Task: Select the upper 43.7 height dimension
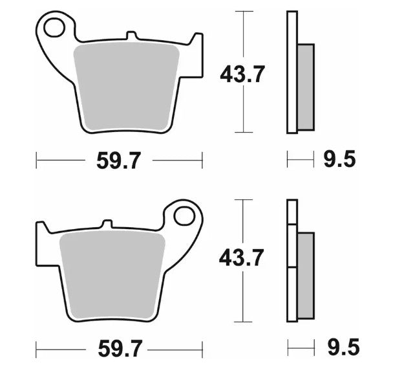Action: click(x=242, y=74)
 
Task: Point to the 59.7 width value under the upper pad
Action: click(x=118, y=160)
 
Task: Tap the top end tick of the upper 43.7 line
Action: click(x=242, y=11)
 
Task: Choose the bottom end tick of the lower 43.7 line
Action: click(x=242, y=322)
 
